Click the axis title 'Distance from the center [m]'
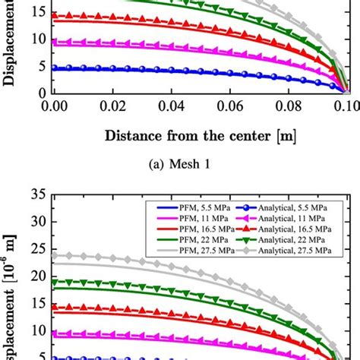[200, 137]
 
